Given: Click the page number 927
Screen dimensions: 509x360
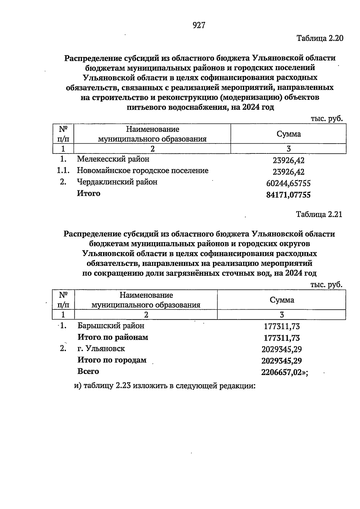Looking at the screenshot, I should pyautogui.click(x=199, y=25).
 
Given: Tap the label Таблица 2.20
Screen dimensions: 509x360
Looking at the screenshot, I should pyautogui.click(x=319, y=38).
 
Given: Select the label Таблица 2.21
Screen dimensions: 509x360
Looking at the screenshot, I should pyautogui.click(x=319, y=215).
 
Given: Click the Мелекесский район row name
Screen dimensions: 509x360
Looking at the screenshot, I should pyautogui.click(x=113, y=159).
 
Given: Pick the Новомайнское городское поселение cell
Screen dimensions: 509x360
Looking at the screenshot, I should pyautogui.click(x=142, y=171).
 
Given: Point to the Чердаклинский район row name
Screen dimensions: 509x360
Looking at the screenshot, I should pyautogui.click(x=117, y=182).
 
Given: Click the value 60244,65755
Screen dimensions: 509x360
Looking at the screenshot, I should pyautogui.click(x=288, y=183).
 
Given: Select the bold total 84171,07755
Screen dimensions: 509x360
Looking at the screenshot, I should pyautogui.click(x=288, y=195).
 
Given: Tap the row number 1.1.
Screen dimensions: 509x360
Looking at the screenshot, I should pyautogui.click(x=63, y=171).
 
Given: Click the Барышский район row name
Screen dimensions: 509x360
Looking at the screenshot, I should pyautogui.click(x=111, y=326).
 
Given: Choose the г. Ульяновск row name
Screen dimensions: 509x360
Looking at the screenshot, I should pyautogui.click(x=101, y=349).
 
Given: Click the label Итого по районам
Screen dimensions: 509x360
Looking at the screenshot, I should pyautogui.click(x=113, y=337).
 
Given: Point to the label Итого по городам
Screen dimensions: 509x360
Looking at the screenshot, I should pyautogui.click(x=112, y=360).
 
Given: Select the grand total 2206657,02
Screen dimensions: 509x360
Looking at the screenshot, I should pyautogui.click(x=281, y=372).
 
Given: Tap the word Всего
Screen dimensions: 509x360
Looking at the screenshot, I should pyautogui.click(x=88, y=371).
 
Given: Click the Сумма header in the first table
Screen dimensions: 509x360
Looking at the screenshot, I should pyautogui.click(x=289, y=134).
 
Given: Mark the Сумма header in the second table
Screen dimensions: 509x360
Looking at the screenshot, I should pyautogui.click(x=282, y=300).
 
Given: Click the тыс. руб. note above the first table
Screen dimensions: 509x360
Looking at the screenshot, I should pyautogui.click(x=326, y=119).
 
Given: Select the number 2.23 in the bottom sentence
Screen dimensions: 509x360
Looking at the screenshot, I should pyautogui.click(x=122, y=386).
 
